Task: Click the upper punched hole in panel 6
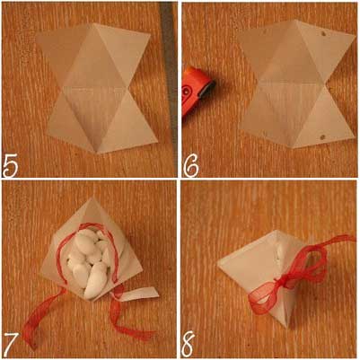pyautogui.click(x=323, y=34)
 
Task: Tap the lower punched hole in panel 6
pyautogui.click(x=322, y=137)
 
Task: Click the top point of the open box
pyautogui.click(x=89, y=198)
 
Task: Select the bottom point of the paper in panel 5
pyautogui.click(x=97, y=153)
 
